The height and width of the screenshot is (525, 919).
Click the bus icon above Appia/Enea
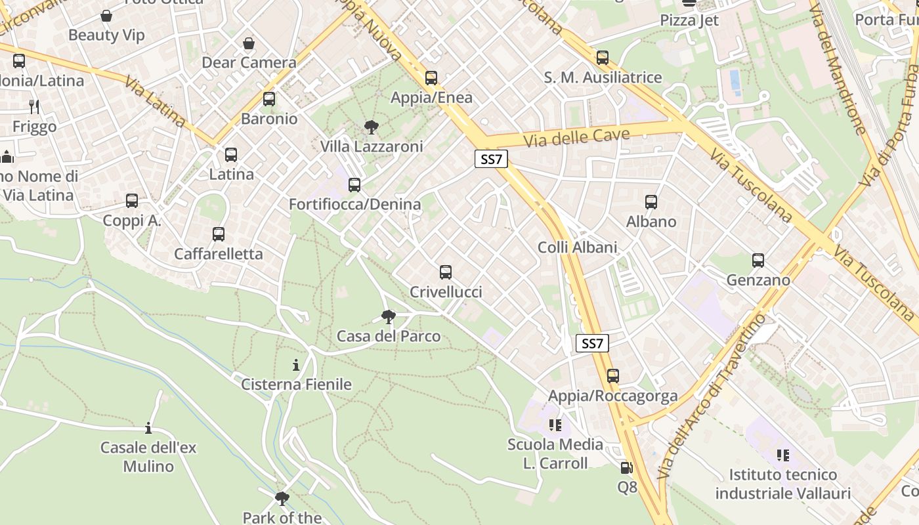pos(431,78)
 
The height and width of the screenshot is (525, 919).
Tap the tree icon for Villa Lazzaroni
pos(371,127)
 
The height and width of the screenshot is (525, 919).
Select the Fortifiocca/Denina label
pos(354,204)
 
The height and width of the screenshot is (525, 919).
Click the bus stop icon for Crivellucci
pos(446,272)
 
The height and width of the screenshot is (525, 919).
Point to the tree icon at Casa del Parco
pos(389,317)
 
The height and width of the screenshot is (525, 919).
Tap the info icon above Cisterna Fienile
pos(296,364)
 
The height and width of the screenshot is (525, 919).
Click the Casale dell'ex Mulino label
pos(148,457)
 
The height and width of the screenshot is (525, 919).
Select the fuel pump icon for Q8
pos(627,468)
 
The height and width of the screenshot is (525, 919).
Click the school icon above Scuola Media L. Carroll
pos(555,425)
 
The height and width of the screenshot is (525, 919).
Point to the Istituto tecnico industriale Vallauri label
pos(782,484)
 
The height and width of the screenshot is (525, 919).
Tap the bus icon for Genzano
pos(758,261)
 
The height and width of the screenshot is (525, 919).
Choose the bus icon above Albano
pos(651,202)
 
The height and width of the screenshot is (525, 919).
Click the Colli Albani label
pos(577,247)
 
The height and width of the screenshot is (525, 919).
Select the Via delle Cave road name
pos(576,138)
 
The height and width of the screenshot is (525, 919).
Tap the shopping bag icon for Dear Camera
pos(249,44)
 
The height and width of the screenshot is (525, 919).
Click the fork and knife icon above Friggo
pos(34,106)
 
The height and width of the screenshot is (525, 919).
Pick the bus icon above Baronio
pos(269,99)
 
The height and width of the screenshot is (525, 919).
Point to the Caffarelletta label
pos(218,254)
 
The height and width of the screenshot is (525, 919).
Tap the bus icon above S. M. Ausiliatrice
pos(603,58)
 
